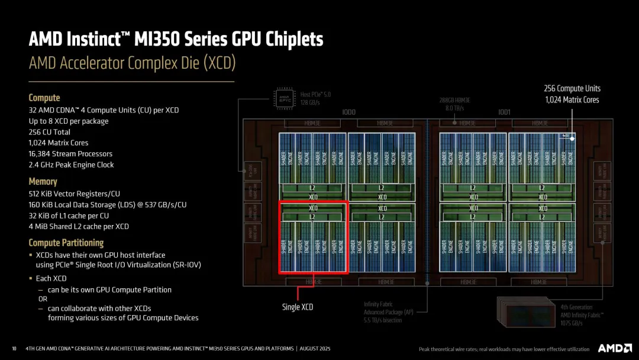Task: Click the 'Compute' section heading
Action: pos(44,98)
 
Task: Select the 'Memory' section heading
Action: pos(43,182)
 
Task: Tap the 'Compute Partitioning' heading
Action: pos(66,243)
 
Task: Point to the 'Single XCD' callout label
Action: pos(297,307)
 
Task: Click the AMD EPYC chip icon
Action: pos(285,98)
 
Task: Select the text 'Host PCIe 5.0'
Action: pos(315,94)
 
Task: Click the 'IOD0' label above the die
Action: pos(349,112)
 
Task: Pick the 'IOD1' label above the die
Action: pos(504,112)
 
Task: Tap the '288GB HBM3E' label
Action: pos(454,100)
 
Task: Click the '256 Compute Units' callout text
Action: pos(571,88)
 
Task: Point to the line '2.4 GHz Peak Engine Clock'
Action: pos(71,165)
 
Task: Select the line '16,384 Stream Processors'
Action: pos(70,153)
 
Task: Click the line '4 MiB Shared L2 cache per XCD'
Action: pos(79,226)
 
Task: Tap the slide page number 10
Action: pos(14,348)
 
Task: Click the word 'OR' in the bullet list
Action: pos(43,299)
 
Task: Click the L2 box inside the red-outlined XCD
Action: pos(313,217)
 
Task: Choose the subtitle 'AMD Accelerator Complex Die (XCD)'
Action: pos(132,63)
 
